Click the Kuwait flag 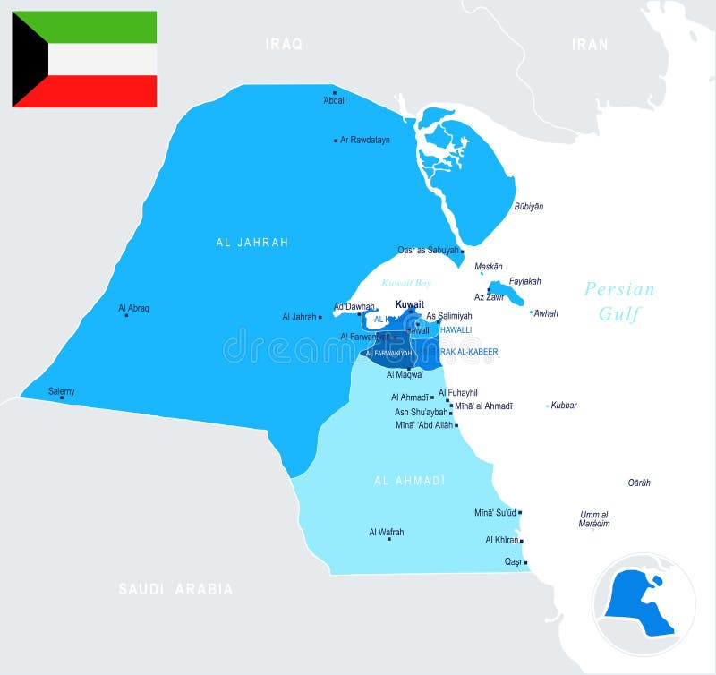(84, 59)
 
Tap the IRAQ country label (284, 43)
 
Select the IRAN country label (590, 44)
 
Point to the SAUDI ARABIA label (176, 589)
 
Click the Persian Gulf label (619, 301)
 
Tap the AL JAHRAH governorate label (252, 242)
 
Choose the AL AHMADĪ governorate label (410, 481)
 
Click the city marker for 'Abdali (335, 92)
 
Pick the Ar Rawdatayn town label (365, 140)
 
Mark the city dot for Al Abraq (126, 315)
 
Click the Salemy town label (62, 391)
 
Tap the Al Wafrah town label (387, 532)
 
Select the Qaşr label (514, 561)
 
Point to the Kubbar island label (564, 406)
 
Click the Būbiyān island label (528, 207)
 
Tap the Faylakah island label (525, 281)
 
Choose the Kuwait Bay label (406, 283)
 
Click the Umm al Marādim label (594, 518)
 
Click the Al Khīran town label (501, 540)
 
